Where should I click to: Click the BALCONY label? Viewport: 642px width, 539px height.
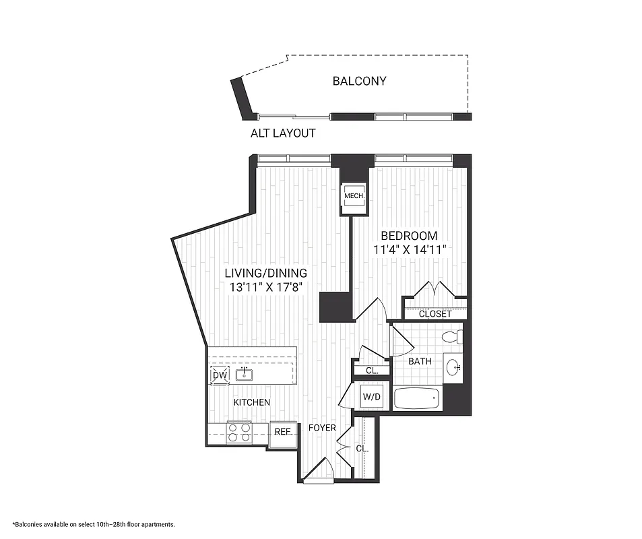[x=359, y=81]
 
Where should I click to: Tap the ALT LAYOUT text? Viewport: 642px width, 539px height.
[x=283, y=133]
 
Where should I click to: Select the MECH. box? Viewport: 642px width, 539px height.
[x=354, y=196]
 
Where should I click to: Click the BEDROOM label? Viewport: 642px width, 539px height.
[x=409, y=236]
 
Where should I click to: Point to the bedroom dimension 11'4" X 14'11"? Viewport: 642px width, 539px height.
[x=410, y=250]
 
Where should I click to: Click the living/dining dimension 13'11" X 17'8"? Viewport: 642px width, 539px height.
[x=265, y=287]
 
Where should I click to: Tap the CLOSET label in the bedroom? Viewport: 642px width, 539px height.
[x=435, y=314]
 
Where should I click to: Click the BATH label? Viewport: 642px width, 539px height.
[x=420, y=361]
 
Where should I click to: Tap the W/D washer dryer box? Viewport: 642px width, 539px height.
[x=372, y=397]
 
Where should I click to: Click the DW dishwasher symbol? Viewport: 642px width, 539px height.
[x=220, y=375]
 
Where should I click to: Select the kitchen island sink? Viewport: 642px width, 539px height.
[x=243, y=375]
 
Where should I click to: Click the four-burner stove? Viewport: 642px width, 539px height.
[x=238, y=431]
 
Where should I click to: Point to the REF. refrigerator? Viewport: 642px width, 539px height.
[x=282, y=431]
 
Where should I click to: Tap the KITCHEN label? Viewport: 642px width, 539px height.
[x=252, y=402]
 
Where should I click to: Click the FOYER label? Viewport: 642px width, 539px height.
[x=322, y=428]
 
